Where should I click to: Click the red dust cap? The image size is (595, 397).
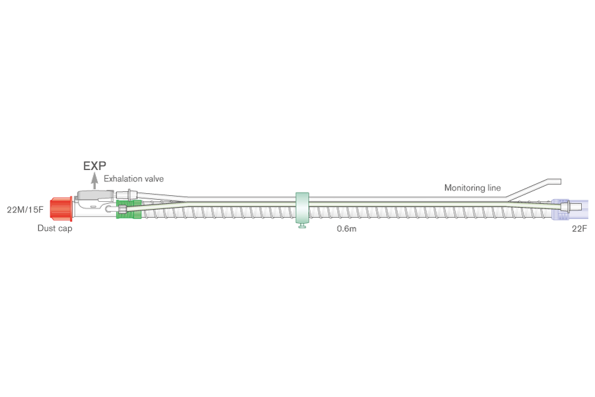tap(61, 208)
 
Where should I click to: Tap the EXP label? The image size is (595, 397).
tap(95, 166)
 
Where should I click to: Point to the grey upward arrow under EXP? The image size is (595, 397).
tap(95, 181)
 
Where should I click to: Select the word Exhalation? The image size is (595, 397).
tap(122, 179)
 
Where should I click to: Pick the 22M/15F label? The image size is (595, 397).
tap(25, 209)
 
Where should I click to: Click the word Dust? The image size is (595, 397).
tap(46, 228)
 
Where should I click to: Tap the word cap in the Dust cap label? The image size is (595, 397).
tap(65, 229)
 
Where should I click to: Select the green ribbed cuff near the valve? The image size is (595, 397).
tap(129, 209)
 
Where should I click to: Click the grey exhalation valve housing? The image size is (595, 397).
tap(95, 196)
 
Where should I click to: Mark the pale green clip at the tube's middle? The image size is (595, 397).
tap(302, 208)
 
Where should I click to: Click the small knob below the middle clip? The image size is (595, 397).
tap(302, 226)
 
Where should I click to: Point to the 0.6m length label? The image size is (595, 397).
tap(346, 229)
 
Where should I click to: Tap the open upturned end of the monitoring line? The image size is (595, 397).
tap(558, 181)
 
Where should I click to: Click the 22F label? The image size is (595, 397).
tap(579, 228)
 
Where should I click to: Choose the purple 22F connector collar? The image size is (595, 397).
tap(561, 209)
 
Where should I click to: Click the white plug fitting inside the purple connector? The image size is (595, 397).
tap(571, 207)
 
